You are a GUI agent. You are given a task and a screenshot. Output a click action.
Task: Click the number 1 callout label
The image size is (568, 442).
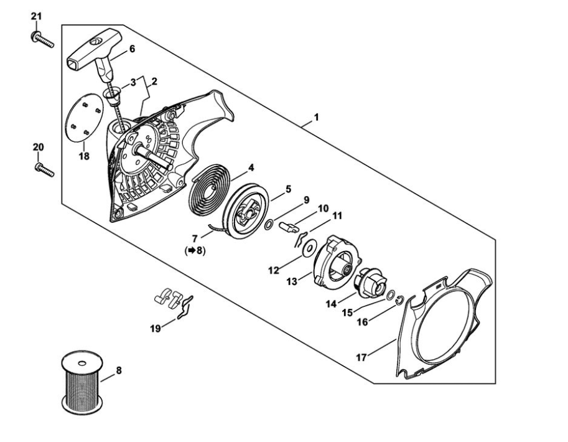(x=317, y=116)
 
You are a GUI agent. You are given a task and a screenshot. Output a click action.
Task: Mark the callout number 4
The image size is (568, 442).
(x=251, y=167)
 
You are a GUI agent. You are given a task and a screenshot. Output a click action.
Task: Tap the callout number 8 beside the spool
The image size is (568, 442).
(x=119, y=370)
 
